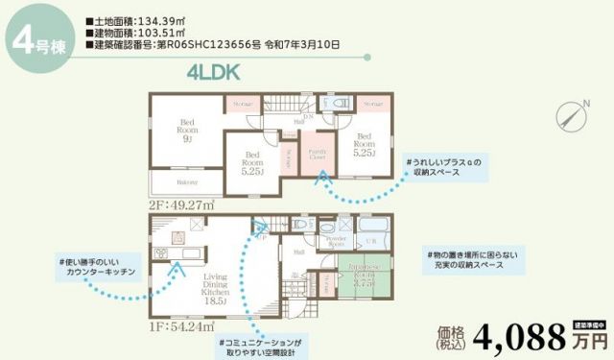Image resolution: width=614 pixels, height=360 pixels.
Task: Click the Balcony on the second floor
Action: (x=186, y=181)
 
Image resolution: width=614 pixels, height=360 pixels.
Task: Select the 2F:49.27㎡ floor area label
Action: (x=180, y=204)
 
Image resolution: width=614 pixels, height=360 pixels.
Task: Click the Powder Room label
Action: (x=332, y=242)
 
